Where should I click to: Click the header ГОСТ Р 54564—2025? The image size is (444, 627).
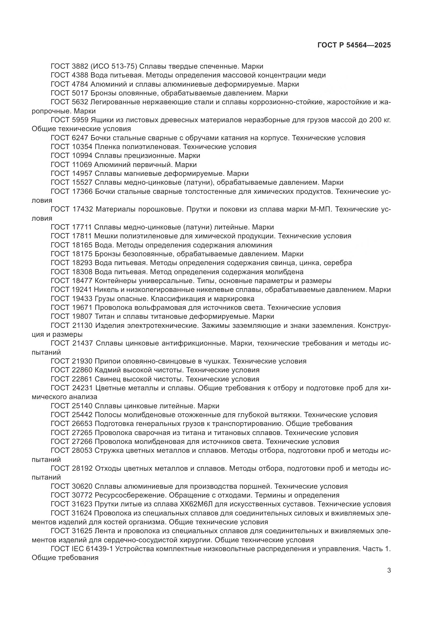point(354,45)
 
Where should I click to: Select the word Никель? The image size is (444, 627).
point(105,290)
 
